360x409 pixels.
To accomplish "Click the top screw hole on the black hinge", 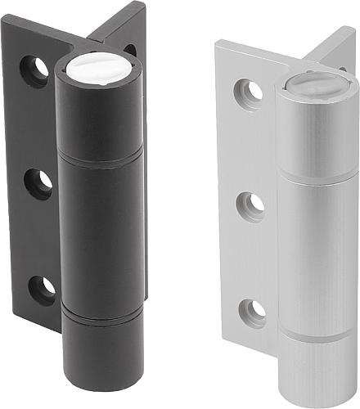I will (34, 72).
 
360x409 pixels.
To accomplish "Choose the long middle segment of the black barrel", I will (101, 233).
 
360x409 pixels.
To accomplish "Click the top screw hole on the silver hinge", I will (249, 92).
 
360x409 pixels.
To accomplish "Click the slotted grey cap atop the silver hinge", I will (316, 84).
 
